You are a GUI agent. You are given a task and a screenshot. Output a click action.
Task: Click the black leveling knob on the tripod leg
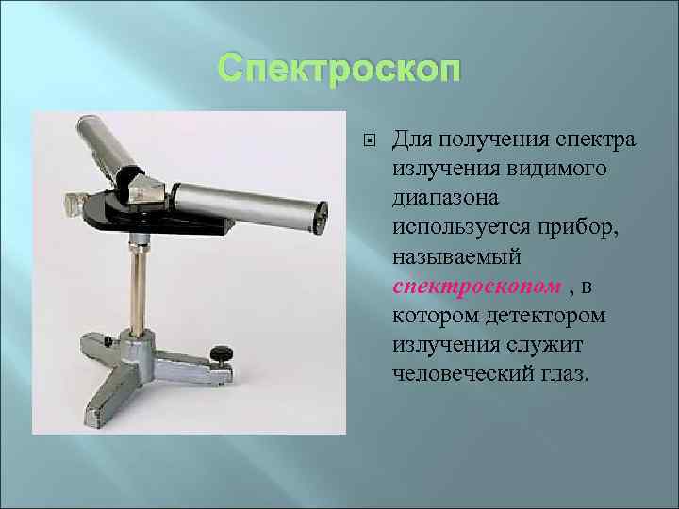click(222, 354)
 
